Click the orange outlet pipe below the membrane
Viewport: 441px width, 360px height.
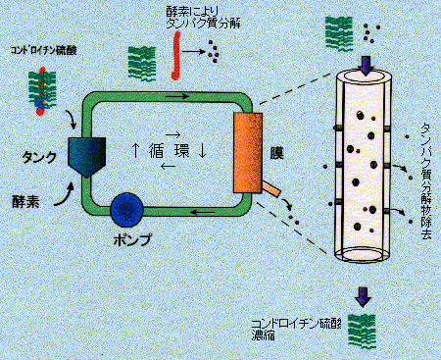click(x=270, y=187)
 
